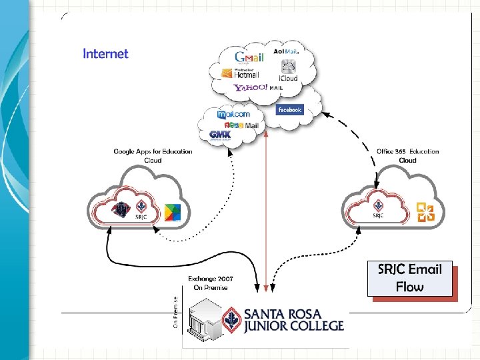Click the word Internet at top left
(105, 53)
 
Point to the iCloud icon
(288, 69)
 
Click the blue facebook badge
(289, 109)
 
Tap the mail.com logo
(234, 114)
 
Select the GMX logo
(221, 135)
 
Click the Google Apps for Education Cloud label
(153, 155)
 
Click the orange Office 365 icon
(425, 212)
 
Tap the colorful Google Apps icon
(173, 213)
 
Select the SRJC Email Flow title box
(409, 278)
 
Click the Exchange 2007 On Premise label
(211, 283)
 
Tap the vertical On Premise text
(175, 313)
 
